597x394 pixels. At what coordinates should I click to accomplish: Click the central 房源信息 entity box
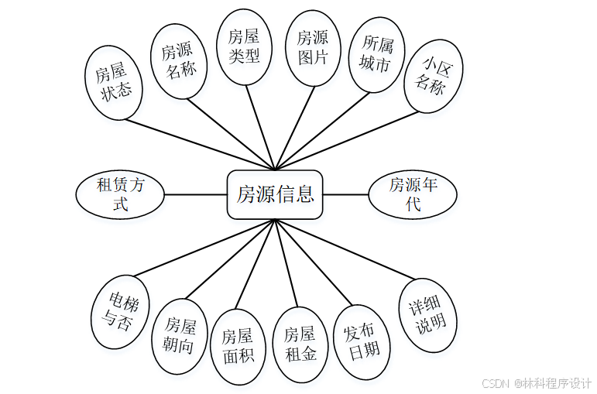[275, 194]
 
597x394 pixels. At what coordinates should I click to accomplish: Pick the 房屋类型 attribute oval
[244, 46]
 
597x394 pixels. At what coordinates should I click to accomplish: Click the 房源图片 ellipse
[312, 46]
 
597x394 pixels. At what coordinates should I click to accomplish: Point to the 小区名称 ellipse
[431, 76]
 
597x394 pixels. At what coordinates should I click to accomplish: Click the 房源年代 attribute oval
[413, 194]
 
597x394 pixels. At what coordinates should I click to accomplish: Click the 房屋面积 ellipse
[238, 346]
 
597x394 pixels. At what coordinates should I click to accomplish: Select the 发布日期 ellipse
[361, 341]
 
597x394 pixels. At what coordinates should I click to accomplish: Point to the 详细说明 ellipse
[427, 316]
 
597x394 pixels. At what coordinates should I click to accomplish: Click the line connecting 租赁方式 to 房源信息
[195, 194]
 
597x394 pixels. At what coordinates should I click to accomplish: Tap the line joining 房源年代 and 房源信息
[345, 194]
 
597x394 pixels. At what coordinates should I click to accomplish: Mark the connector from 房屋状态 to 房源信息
[201, 144]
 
